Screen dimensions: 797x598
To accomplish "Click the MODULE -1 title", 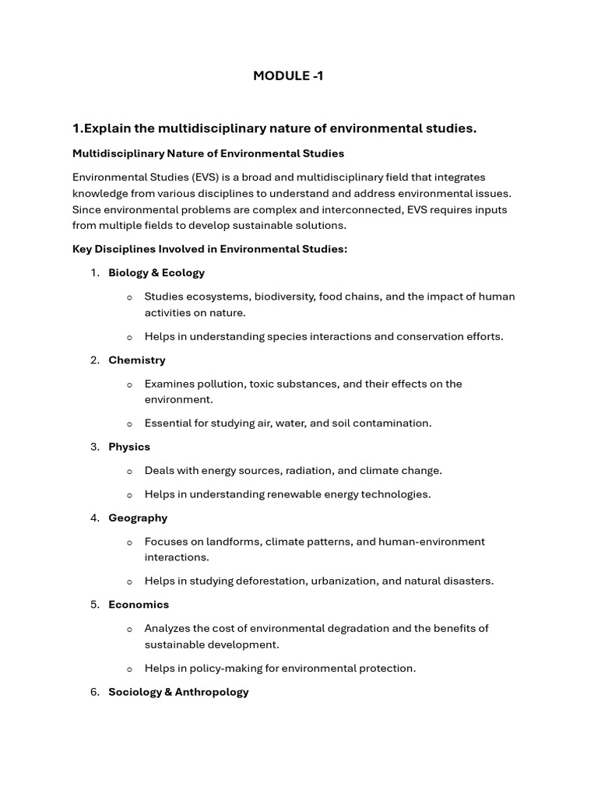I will click(288, 75).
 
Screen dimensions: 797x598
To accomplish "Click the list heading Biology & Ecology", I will click(157, 272).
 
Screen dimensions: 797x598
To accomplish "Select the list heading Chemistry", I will click(137, 360).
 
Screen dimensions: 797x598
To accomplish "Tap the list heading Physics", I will click(129, 447).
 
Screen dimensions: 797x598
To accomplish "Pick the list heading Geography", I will click(138, 518).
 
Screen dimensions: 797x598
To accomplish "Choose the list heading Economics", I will click(139, 604).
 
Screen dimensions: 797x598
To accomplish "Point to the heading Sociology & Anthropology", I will click(178, 691).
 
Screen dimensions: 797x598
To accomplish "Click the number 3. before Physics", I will click(95, 447).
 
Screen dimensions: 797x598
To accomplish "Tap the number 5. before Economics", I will click(95, 604).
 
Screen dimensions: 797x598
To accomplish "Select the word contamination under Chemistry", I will click(395, 423).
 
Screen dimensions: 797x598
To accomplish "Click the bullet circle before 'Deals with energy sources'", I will click(129, 471).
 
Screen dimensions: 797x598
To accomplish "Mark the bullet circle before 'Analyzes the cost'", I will click(129, 629).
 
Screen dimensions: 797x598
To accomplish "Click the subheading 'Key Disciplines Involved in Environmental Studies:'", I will click(210, 248).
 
